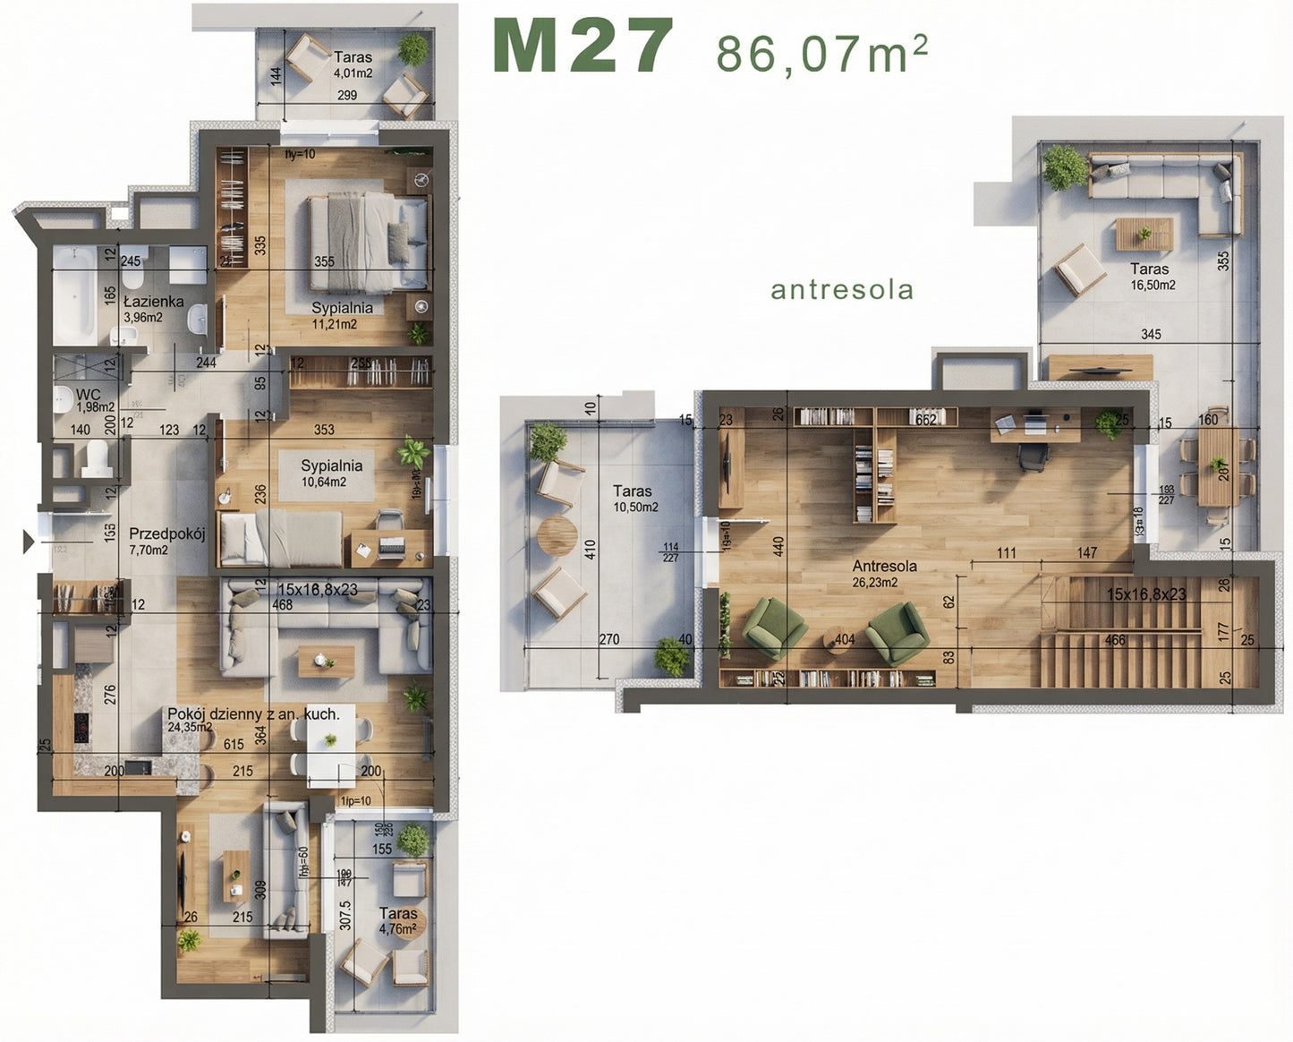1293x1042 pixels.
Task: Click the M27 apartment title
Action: tap(583, 47)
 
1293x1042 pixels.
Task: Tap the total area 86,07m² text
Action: tap(821, 53)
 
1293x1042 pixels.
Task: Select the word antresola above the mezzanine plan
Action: tap(842, 290)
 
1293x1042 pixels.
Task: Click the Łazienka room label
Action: tap(153, 303)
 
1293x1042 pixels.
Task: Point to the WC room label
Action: tap(88, 395)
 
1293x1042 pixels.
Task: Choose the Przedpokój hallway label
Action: tap(167, 534)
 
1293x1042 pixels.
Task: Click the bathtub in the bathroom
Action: tap(74, 296)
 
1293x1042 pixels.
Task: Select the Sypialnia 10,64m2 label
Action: tap(331, 473)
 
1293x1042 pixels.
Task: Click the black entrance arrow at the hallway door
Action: tap(29, 541)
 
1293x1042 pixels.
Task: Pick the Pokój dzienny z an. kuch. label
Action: tap(253, 714)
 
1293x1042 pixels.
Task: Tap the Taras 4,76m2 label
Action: tap(398, 920)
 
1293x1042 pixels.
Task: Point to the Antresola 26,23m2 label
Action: tap(884, 573)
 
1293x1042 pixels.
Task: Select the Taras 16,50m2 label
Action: tap(1151, 276)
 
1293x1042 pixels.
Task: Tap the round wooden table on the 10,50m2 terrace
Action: tap(557, 536)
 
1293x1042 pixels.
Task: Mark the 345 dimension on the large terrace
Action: tap(1151, 334)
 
